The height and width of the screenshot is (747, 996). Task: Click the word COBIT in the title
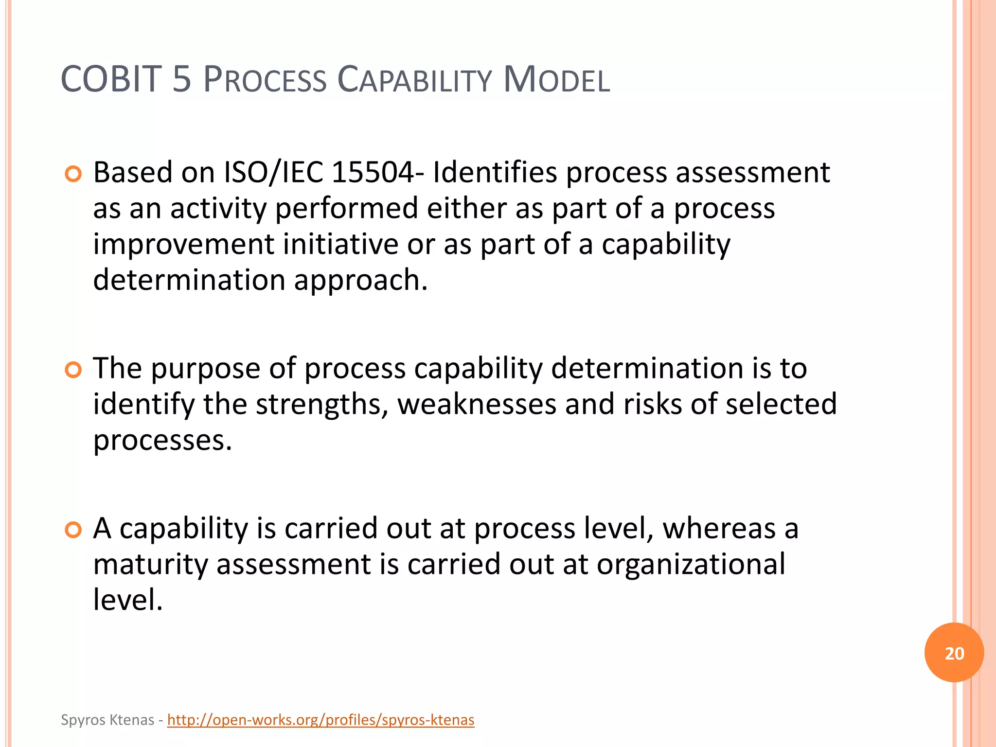[111, 79]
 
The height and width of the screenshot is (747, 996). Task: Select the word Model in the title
[556, 80]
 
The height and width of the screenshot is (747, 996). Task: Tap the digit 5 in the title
[182, 79]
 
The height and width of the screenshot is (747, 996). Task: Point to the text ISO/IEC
[273, 172]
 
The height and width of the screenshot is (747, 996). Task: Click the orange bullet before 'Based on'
[73, 174]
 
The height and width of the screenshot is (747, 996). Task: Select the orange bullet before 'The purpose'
[73, 370]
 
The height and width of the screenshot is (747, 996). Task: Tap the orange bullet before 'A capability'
[73, 530]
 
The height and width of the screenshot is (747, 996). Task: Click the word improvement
[183, 244]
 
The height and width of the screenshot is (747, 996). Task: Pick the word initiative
[340, 244]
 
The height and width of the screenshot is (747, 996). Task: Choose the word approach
[360, 281]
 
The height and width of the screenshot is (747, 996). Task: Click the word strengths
[321, 405]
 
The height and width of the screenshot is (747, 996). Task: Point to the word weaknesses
[477, 405]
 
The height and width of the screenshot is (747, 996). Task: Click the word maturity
[150, 565]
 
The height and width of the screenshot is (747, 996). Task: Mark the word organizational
[691, 565]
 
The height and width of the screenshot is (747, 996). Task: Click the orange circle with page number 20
[954, 653]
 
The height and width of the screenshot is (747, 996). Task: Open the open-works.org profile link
[320, 720]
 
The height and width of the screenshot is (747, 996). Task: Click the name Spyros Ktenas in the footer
[107, 720]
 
